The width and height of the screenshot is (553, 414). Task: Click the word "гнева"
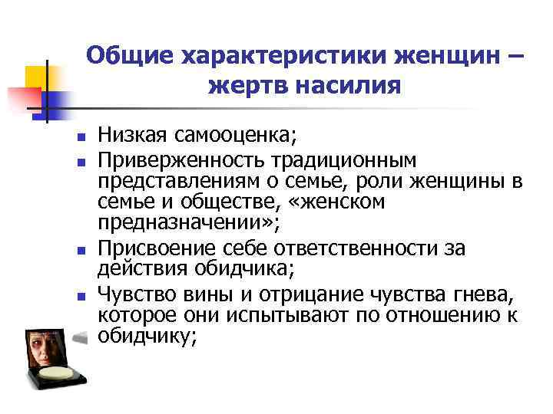point(484,294)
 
